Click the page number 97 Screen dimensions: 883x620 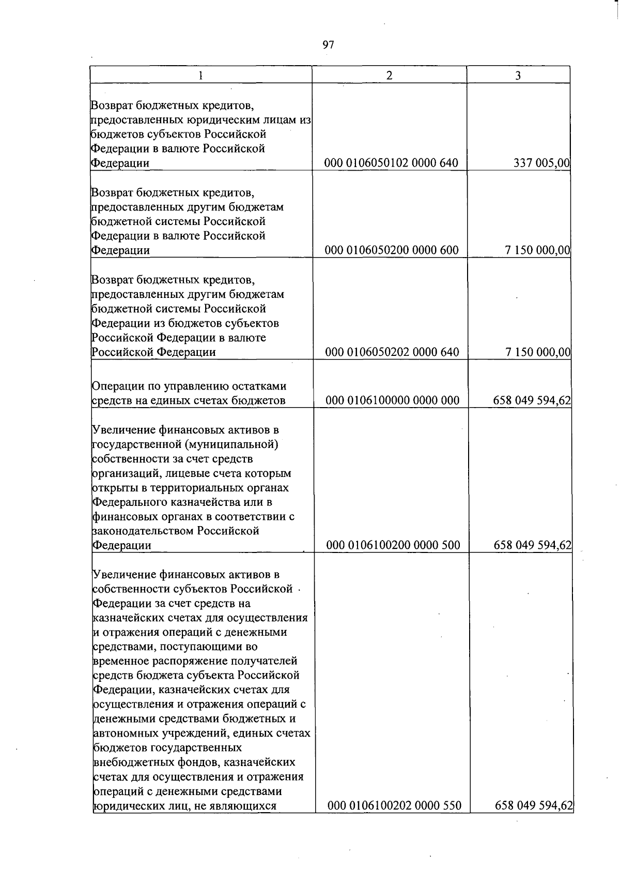pyautogui.click(x=329, y=45)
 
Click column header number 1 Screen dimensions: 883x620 pyautogui.click(x=200, y=76)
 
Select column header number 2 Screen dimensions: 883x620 pyautogui.click(x=389, y=76)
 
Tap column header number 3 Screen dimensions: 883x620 pyautogui.click(x=518, y=76)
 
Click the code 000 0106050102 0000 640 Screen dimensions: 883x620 pyautogui.click(x=391, y=163)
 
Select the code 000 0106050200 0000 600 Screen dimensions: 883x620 pyautogui.click(x=391, y=250)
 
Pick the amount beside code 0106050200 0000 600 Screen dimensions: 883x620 pyautogui.click(x=537, y=250)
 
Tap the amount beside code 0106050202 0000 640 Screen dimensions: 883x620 pyautogui.click(x=537, y=352)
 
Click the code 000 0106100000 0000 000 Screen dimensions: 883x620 pyautogui.click(x=393, y=400)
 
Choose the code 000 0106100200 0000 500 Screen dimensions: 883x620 pyautogui.click(x=393, y=545)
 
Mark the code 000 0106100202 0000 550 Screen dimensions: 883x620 pyautogui.click(x=394, y=805)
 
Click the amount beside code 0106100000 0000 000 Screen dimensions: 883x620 pyautogui.click(x=532, y=400)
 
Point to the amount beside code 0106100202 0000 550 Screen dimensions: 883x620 pyautogui.click(x=534, y=805)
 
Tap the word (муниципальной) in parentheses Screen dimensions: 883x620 pyautogui.click(x=242, y=444)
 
